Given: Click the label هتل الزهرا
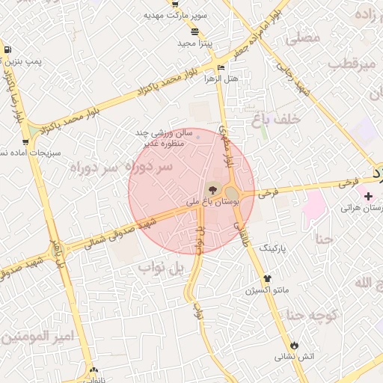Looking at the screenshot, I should pyautogui.click(x=222, y=79).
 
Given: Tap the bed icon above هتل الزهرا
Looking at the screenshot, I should pyautogui.click(x=220, y=68).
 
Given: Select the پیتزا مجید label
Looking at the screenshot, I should pyautogui.click(x=195, y=43).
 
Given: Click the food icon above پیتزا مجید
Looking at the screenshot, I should pyautogui.click(x=195, y=31).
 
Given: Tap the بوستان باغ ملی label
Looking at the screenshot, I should pyautogui.click(x=212, y=202).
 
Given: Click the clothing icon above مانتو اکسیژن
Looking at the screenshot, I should pyautogui.click(x=267, y=278).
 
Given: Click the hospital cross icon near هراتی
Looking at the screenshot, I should pyautogui.click(x=368, y=196).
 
